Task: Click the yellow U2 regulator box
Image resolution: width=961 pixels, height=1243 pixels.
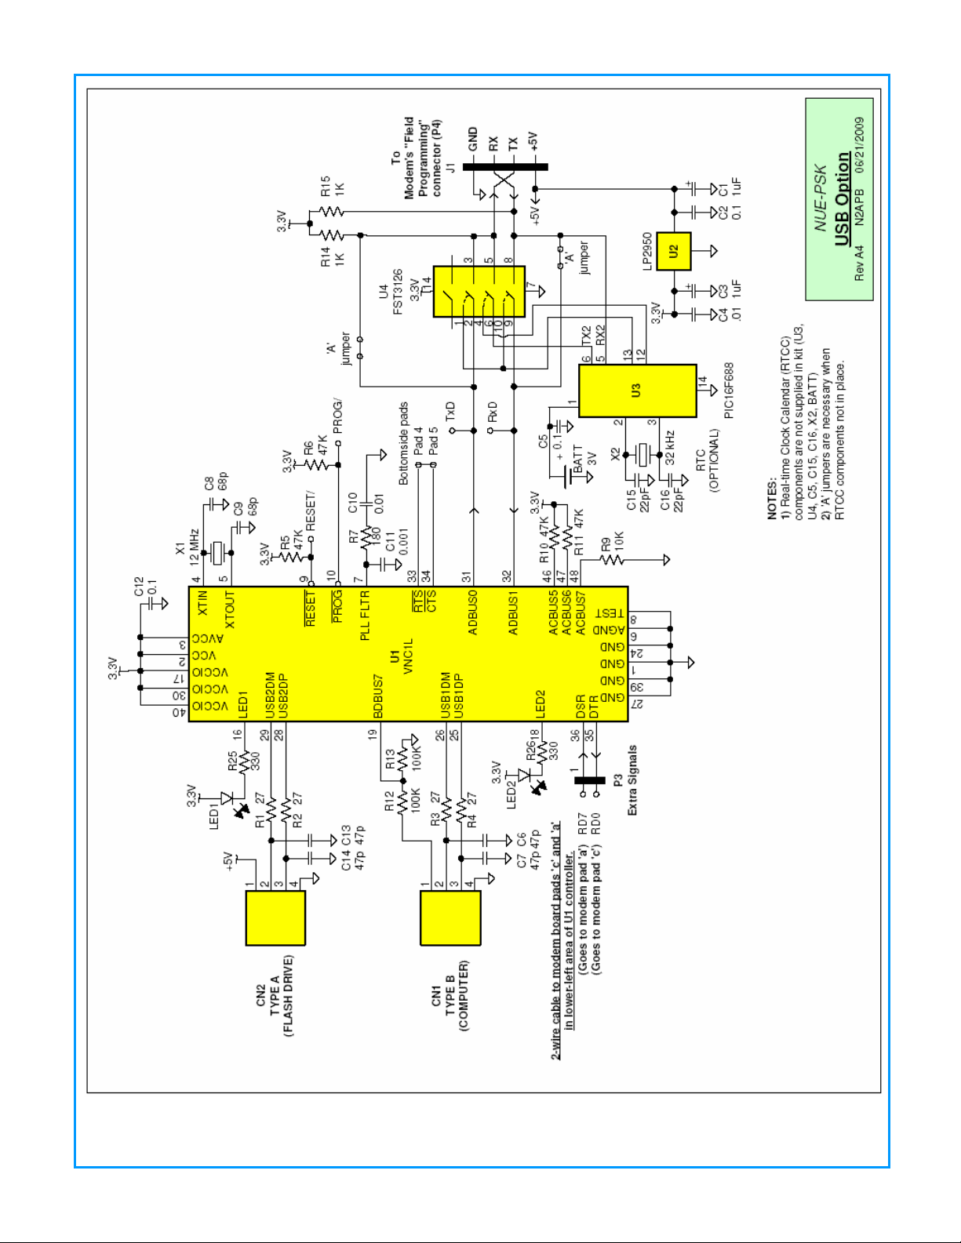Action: click(x=673, y=251)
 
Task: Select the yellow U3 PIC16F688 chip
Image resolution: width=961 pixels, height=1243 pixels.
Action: click(x=637, y=391)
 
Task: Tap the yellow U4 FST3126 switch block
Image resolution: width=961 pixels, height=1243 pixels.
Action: click(x=479, y=291)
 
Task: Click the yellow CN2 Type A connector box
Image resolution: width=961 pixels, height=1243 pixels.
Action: click(x=275, y=918)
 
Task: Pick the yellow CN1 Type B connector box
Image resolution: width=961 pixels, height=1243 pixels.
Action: click(x=450, y=918)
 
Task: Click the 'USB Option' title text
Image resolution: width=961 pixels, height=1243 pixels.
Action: click(x=842, y=198)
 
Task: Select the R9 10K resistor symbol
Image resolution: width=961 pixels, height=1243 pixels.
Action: click(x=613, y=560)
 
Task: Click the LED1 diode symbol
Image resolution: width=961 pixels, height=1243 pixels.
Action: click(x=228, y=798)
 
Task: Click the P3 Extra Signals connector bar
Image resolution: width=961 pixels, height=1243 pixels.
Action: click(x=590, y=780)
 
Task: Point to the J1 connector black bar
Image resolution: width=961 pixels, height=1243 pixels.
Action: click(x=505, y=166)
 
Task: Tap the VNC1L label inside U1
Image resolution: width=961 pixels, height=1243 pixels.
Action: click(x=408, y=656)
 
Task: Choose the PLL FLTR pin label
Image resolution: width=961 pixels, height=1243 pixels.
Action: click(x=365, y=616)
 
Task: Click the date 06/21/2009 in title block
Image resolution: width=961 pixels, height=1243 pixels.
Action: click(x=860, y=145)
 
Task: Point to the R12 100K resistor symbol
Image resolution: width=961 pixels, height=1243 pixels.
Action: click(x=402, y=802)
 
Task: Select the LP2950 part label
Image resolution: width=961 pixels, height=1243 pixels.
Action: click(x=648, y=251)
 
